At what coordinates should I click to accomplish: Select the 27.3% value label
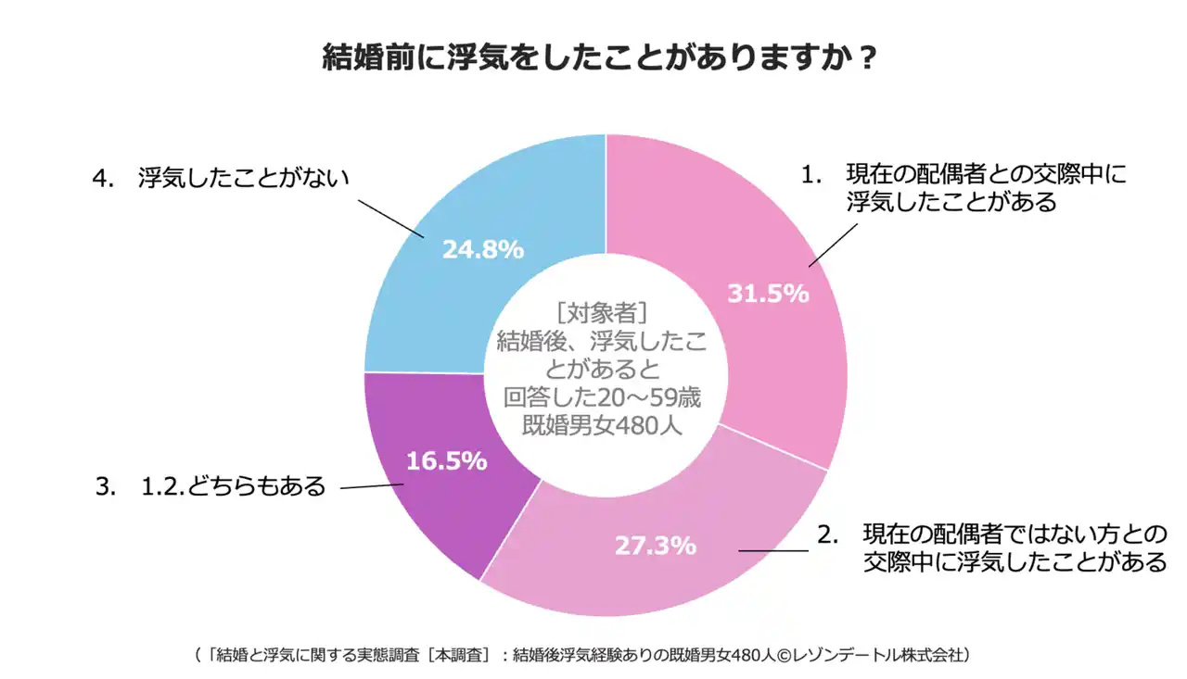click(x=655, y=546)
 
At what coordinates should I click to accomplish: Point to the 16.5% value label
click(x=446, y=461)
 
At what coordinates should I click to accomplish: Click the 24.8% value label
click(x=482, y=249)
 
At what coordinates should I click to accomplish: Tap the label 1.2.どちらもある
click(x=233, y=485)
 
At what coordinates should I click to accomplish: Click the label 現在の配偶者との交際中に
click(x=986, y=174)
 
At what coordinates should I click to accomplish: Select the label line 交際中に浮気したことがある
click(x=1015, y=561)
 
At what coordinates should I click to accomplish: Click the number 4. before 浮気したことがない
click(x=103, y=177)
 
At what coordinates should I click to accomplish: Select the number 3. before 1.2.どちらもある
click(x=106, y=486)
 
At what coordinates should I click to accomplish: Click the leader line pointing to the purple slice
click(x=371, y=486)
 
